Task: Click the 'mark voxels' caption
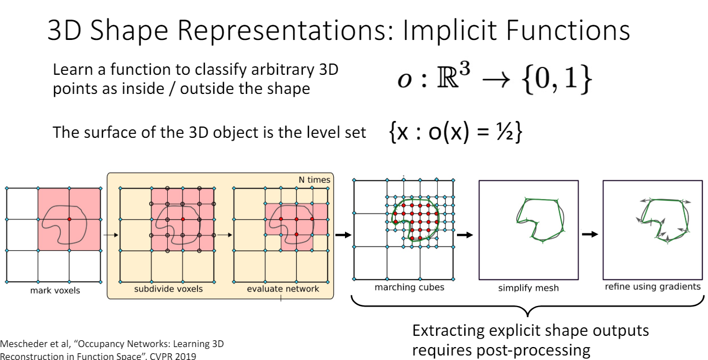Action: (55, 290)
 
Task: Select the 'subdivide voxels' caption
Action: (168, 289)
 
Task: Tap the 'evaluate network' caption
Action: (283, 289)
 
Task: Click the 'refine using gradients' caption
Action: (652, 287)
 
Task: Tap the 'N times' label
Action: (315, 180)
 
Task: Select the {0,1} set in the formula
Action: (557, 80)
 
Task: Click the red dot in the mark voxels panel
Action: (69, 219)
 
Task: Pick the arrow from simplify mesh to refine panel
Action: (590, 234)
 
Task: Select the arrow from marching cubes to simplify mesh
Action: (465, 235)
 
